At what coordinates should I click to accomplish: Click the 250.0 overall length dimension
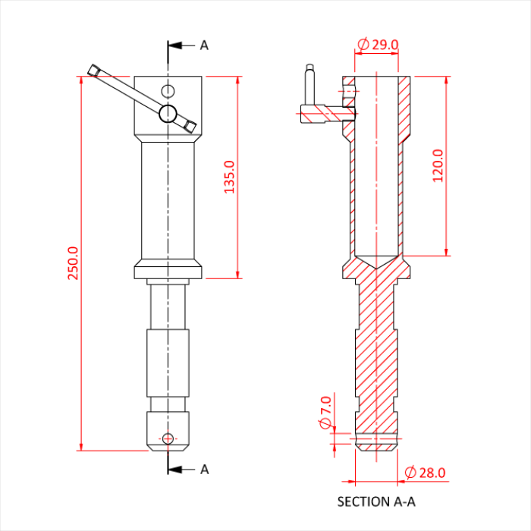[73, 263]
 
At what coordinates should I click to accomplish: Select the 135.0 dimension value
[230, 177]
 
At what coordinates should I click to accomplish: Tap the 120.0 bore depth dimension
[438, 165]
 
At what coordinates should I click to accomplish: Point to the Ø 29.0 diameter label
[378, 44]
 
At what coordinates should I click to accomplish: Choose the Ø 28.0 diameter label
[425, 473]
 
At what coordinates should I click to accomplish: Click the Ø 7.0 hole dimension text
[325, 412]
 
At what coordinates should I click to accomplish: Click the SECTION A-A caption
[376, 501]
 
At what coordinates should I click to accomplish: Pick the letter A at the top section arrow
[204, 46]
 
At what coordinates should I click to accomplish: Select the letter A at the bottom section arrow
[204, 470]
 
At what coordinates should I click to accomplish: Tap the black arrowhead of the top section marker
[174, 46]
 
